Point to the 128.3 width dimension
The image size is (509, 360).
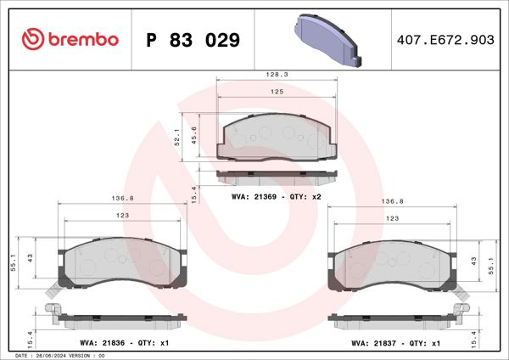pyautogui.click(x=277, y=75)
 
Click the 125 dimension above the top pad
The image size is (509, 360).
pyautogui.click(x=277, y=91)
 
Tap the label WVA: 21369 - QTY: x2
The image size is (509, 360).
pyautogui.click(x=275, y=196)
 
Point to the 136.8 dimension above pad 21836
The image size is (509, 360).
pyautogui.click(x=118, y=200)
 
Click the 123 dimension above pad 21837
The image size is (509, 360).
pyautogui.click(x=392, y=218)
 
